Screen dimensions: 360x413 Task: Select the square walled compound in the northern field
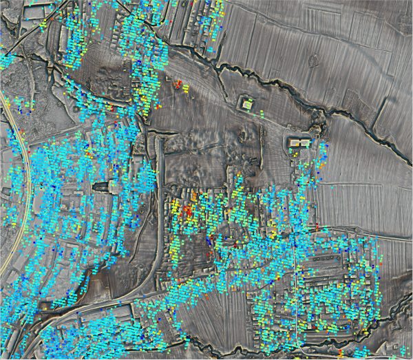coord(246,104)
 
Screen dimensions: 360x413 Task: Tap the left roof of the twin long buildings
coord(295,142)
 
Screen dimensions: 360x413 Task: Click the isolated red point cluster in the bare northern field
coord(180,85)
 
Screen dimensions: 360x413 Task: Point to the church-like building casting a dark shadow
coord(103,187)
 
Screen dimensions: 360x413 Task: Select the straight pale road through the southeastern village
coord(295,289)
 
